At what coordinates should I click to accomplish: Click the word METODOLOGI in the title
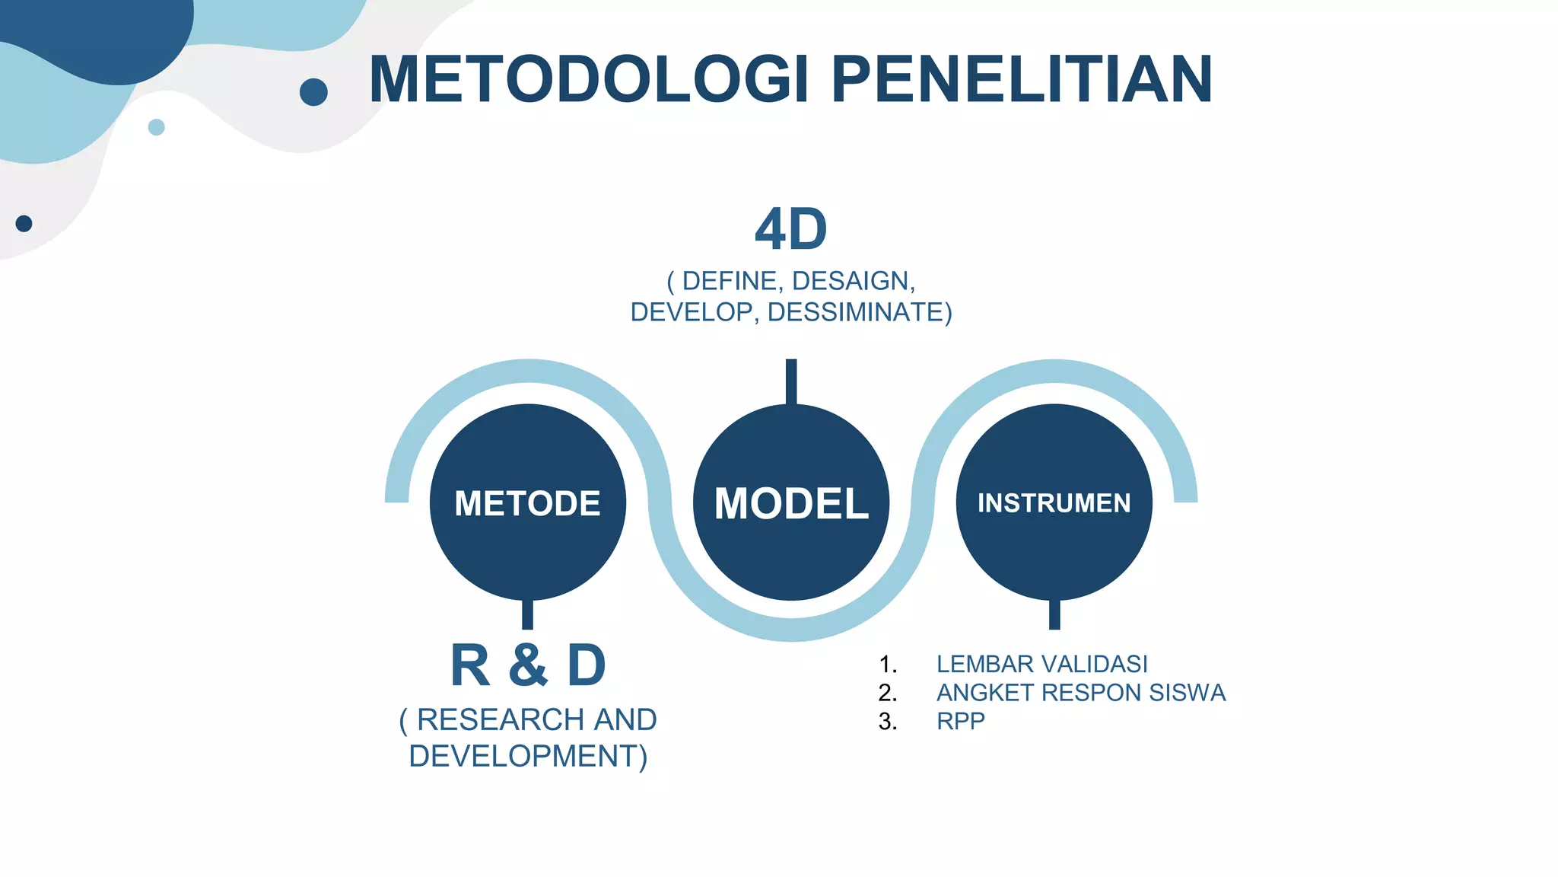(590, 80)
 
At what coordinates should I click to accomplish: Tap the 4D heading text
(790, 229)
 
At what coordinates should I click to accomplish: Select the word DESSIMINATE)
(860, 312)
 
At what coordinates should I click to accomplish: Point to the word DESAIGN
(852, 281)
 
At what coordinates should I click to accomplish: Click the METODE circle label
(527, 503)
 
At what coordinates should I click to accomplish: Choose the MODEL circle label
(791, 503)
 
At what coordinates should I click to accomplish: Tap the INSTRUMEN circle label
(1054, 503)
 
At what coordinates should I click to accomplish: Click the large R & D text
(528, 665)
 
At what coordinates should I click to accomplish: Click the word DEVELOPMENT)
(528, 756)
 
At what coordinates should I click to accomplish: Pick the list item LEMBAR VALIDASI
(1041, 664)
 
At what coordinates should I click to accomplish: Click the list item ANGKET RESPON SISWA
(1080, 693)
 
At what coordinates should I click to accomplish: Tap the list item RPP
(960, 721)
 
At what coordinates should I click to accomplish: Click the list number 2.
(887, 693)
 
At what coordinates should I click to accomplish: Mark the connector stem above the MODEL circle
(791, 381)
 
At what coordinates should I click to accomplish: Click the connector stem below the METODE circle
(527, 614)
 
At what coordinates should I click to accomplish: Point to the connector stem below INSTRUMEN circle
(1054, 614)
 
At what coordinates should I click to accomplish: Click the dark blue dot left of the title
(313, 92)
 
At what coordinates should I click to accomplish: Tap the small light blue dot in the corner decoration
(156, 127)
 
